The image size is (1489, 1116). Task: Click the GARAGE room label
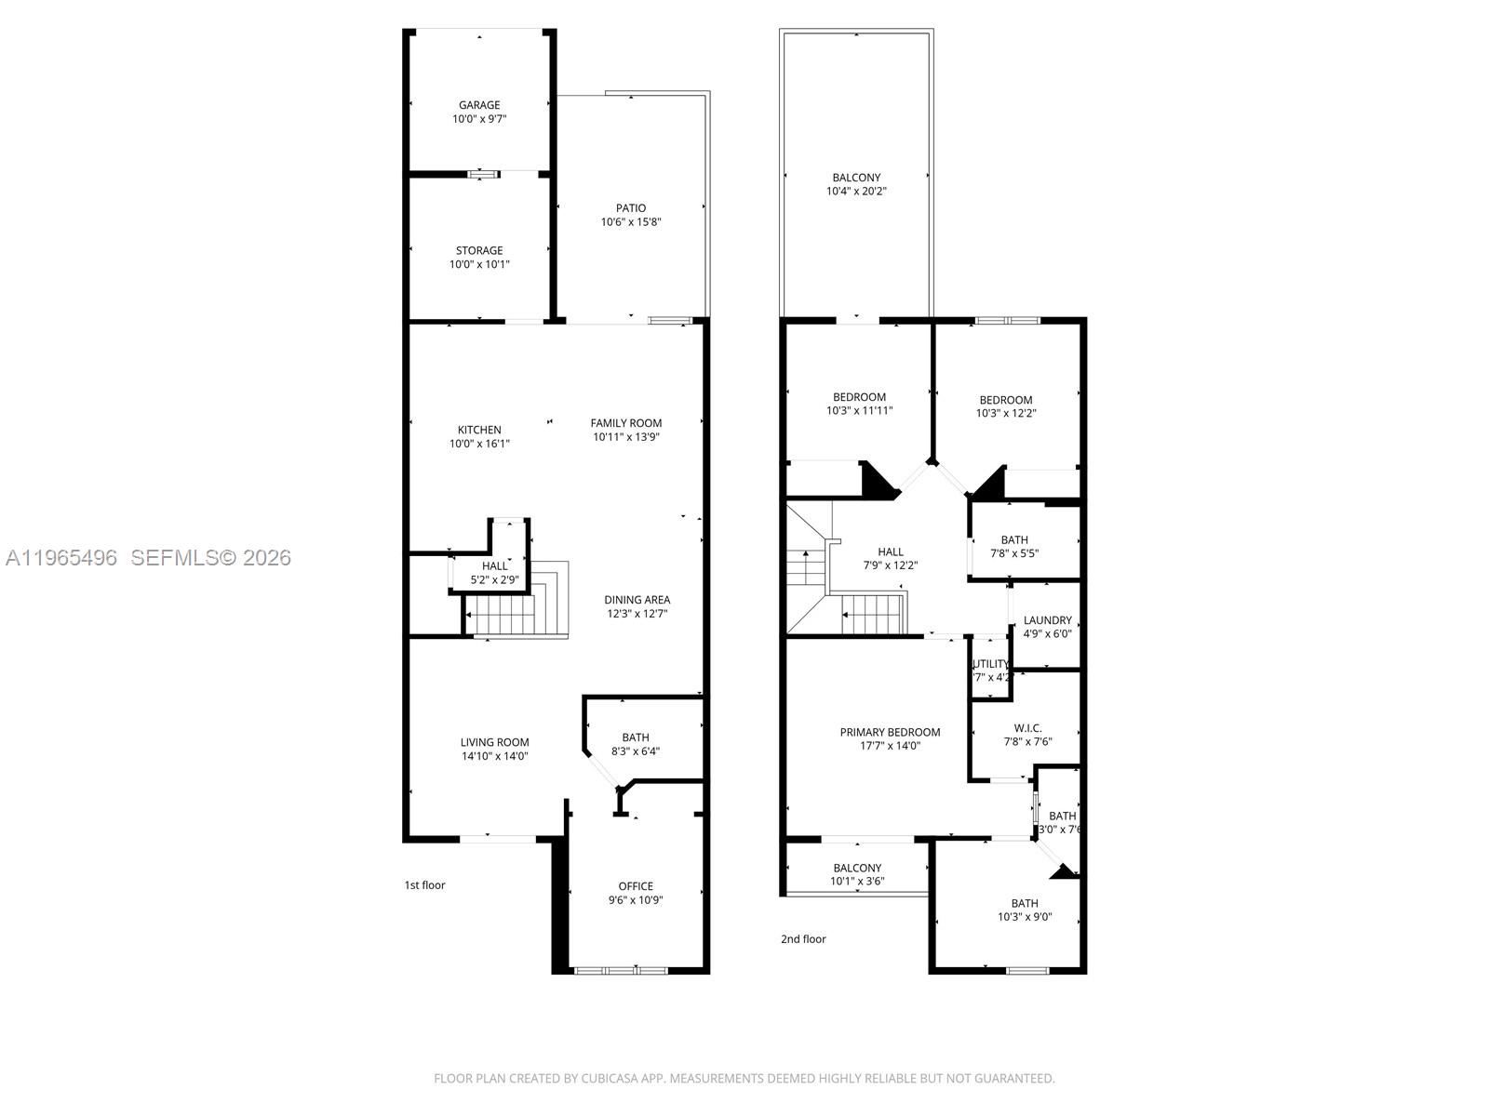tap(479, 106)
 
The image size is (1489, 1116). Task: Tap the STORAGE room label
tap(479, 251)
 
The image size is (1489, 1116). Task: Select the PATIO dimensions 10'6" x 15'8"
tap(631, 222)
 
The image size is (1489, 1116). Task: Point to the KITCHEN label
tap(479, 430)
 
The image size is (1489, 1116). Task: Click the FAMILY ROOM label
tap(626, 423)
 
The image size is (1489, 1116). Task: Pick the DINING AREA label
tap(637, 600)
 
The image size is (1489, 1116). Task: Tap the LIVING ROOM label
tap(494, 742)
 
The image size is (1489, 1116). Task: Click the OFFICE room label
tap(636, 886)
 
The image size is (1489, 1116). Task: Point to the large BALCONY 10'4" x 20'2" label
tap(856, 178)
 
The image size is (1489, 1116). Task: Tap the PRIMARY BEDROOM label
tap(890, 732)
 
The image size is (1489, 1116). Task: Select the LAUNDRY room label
tap(1048, 620)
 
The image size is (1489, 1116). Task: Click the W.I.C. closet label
tap(1027, 728)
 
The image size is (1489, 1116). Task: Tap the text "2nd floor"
tap(803, 939)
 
